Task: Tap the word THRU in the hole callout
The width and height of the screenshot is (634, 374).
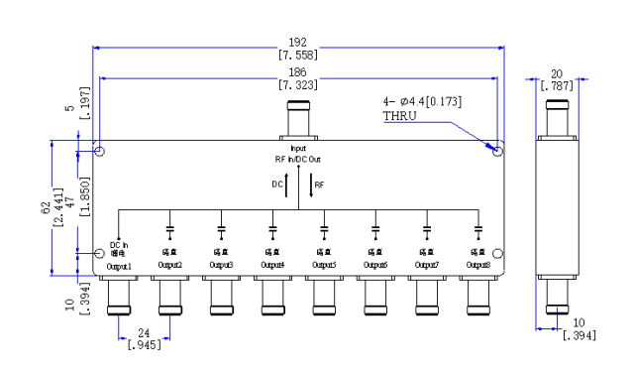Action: point(398,116)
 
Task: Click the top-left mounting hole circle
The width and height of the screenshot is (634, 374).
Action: point(100,152)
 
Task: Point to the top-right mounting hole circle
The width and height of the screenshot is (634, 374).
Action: point(497,151)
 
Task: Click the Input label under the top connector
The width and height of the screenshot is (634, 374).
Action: point(298,149)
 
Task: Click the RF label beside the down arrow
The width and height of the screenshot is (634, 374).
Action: point(319,185)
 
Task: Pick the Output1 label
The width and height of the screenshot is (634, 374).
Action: point(119,266)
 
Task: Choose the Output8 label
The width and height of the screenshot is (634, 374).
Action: point(478,266)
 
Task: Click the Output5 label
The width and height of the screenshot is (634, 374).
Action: point(324,266)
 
